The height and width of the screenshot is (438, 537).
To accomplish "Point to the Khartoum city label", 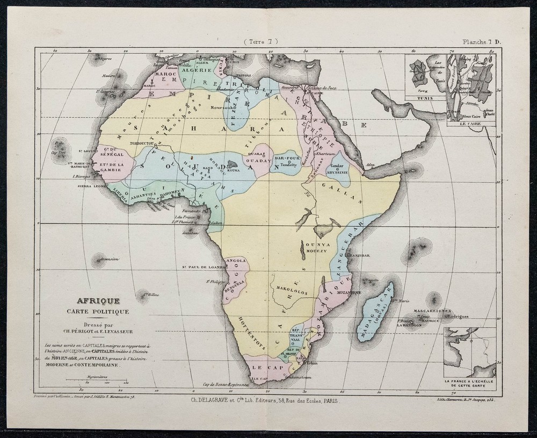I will click(x=326, y=153).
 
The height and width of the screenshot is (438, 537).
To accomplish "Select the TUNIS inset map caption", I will click(x=424, y=98).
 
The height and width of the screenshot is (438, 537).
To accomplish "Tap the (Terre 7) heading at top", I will click(x=261, y=42).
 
